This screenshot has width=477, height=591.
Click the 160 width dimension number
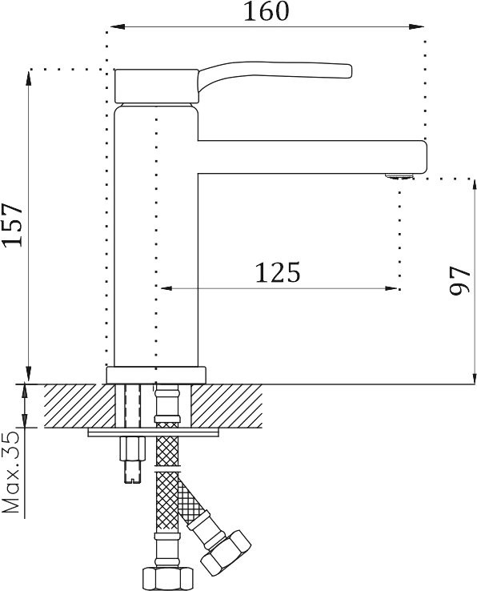(267, 11)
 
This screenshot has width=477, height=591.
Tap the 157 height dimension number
(12, 225)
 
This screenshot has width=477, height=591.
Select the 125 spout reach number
(278, 272)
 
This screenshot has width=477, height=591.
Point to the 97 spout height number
(460, 280)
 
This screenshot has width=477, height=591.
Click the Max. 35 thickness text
(11, 472)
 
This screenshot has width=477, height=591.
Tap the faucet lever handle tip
(350, 70)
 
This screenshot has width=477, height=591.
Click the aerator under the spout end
(399, 175)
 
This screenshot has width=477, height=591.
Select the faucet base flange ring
(156, 375)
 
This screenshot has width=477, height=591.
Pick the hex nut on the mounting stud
(132, 448)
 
